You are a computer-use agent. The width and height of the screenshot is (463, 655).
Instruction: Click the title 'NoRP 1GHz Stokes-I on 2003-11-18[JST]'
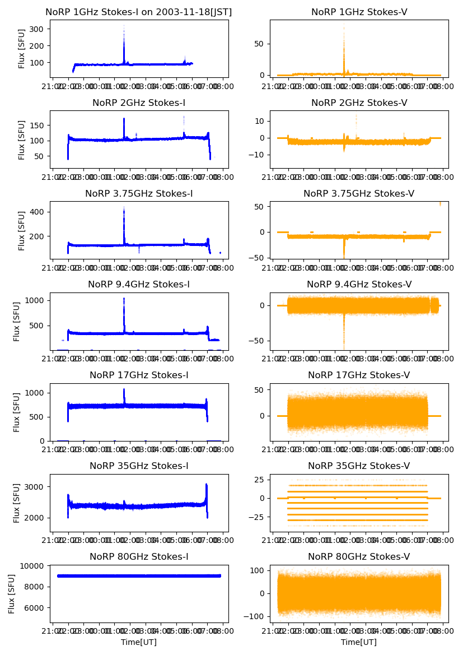coord(139,12)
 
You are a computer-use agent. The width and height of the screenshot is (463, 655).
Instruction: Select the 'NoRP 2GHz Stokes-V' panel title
coord(359,103)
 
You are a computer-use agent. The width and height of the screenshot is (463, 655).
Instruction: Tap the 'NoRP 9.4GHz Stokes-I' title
coord(139,284)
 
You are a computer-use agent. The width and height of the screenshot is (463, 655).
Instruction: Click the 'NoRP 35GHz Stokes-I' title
coord(139,466)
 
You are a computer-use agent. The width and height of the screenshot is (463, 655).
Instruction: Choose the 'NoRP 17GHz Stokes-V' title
coord(359,375)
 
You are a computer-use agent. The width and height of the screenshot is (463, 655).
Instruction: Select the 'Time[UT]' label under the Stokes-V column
coord(359,642)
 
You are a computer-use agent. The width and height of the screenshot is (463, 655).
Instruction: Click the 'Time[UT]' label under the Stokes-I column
coord(139,642)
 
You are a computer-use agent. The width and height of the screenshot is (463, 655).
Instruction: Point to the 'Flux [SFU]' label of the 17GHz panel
coord(17,412)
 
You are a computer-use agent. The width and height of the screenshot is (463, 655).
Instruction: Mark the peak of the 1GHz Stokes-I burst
coord(124,26)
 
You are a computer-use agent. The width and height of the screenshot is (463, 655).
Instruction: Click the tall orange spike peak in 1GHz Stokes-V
coord(344,27)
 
